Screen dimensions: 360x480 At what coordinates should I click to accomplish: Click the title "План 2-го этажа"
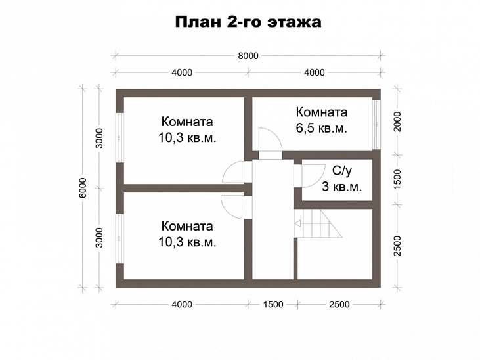point(248,22)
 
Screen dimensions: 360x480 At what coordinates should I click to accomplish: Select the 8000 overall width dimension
point(248,56)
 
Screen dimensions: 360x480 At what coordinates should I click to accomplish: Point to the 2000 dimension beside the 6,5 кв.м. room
point(397,122)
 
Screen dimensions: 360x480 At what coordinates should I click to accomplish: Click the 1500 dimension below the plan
point(273,304)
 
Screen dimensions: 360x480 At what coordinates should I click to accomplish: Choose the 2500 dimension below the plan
point(339,304)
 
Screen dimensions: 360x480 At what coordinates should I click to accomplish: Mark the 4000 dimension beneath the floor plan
point(182,304)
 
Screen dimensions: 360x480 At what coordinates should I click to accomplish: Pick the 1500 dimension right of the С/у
point(397,179)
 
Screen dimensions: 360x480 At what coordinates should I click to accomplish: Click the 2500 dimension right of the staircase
point(397,245)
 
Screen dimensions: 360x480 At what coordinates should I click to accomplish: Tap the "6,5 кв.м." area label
point(321,128)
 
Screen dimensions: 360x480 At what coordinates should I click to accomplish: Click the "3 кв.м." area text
point(341,187)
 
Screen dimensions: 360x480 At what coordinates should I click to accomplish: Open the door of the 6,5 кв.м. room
point(269,141)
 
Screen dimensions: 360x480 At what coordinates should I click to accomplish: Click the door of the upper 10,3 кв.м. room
point(235,172)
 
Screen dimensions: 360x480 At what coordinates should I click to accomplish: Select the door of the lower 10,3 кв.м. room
point(233,206)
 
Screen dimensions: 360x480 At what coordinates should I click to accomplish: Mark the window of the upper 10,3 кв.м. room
point(120,138)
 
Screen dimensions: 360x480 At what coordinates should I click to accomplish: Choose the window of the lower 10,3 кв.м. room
point(120,237)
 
